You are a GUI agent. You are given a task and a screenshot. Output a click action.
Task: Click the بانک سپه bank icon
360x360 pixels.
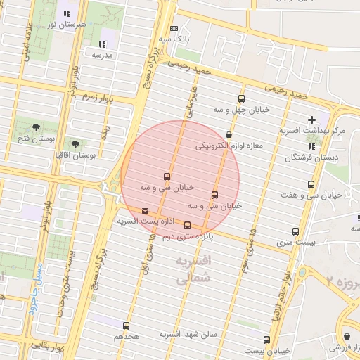pos(174,29)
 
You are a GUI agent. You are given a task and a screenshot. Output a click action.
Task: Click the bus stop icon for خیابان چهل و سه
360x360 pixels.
pos(242,99)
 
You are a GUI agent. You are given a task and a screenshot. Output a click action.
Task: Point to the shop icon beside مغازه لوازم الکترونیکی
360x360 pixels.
pos(229,134)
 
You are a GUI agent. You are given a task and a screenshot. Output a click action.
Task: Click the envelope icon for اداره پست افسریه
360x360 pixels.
pos(146,210)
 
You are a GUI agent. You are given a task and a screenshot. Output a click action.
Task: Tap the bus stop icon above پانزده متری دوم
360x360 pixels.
pos(187,226)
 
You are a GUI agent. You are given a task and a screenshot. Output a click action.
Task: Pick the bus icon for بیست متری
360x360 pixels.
pos(296,231)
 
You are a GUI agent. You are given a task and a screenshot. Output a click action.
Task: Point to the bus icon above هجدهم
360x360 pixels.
pos(126,326)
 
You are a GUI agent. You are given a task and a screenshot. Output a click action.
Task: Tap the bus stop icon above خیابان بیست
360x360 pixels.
pos(266,340)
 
